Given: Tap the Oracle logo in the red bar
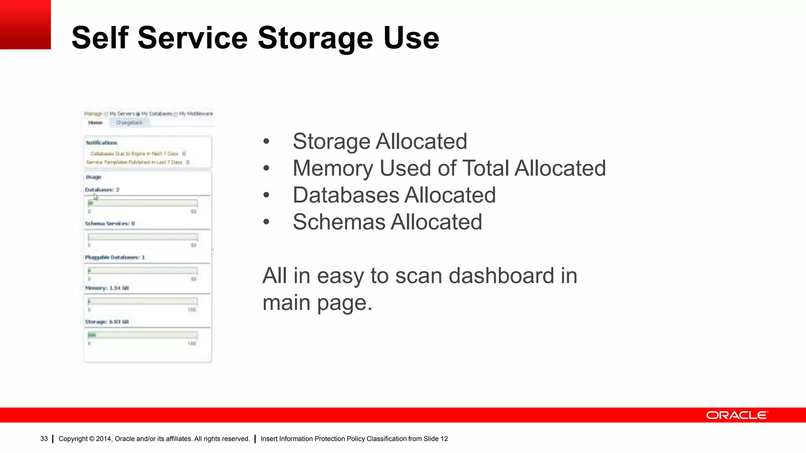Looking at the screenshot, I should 736,415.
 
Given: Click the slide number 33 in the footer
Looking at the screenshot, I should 44,439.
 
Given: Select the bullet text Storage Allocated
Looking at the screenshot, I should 379,142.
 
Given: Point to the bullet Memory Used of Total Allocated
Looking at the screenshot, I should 449,168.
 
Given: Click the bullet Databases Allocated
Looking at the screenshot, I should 394,195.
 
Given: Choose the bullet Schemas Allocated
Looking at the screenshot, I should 387,222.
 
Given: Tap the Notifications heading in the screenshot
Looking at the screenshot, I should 102,143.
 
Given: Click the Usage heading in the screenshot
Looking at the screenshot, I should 94,177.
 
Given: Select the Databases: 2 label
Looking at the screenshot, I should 102,190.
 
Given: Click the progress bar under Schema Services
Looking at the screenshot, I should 142,237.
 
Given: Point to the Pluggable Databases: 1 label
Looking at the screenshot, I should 115,257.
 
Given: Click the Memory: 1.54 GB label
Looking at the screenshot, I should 107,288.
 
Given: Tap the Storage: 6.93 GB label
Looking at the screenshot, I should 107,322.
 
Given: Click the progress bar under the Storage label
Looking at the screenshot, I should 142,335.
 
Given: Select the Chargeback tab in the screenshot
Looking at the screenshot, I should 129,123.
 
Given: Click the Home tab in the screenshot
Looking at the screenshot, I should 95,123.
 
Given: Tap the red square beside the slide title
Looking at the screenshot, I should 25,24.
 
